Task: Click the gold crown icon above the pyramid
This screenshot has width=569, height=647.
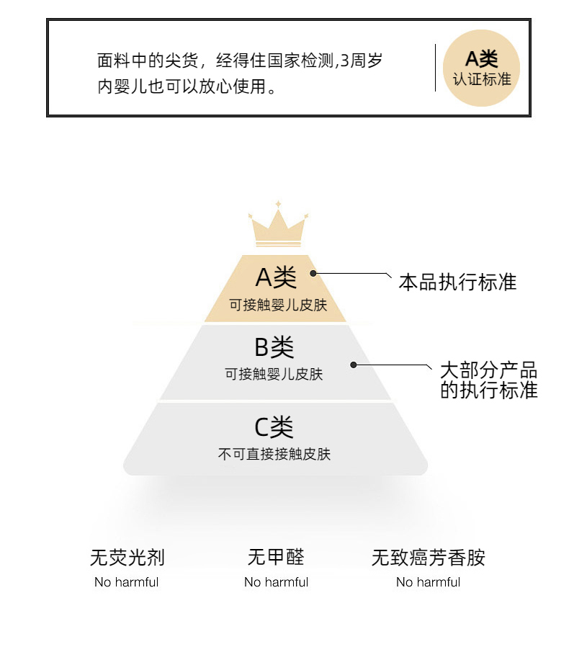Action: click(278, 225)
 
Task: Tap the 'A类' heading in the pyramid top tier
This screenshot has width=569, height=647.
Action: click(276, 277)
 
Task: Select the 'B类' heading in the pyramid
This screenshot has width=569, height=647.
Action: click(274, 347)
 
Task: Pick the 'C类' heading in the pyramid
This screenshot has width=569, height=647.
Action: click(274, 427)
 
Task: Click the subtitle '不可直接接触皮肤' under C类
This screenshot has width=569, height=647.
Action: click(274, 455)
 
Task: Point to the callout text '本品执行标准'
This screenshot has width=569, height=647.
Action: click(457, 282)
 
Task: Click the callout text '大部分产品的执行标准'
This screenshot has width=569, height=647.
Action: click(489, 380)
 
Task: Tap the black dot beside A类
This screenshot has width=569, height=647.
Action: click(313, 273)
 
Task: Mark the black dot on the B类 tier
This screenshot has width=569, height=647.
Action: click(354, 365)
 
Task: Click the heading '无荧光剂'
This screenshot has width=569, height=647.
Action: click(127, 558)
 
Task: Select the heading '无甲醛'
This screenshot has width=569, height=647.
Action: click(276, 557)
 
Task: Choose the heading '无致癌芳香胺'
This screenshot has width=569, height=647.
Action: click(429, 558)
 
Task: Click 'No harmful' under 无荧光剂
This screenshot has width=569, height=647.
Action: click(126, 582)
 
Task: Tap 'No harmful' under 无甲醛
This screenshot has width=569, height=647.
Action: click(276, 582)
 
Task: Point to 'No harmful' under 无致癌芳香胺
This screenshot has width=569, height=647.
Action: click(429, 582)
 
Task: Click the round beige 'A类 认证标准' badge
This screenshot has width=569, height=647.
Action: click(481, 68)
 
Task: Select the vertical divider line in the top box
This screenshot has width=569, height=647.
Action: click(435, 68)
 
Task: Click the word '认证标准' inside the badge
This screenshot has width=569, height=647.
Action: click(482, 79)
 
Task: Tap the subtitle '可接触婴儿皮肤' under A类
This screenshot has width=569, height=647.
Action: click(278, 305)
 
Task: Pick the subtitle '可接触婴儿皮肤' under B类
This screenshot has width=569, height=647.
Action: click(274, 374)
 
